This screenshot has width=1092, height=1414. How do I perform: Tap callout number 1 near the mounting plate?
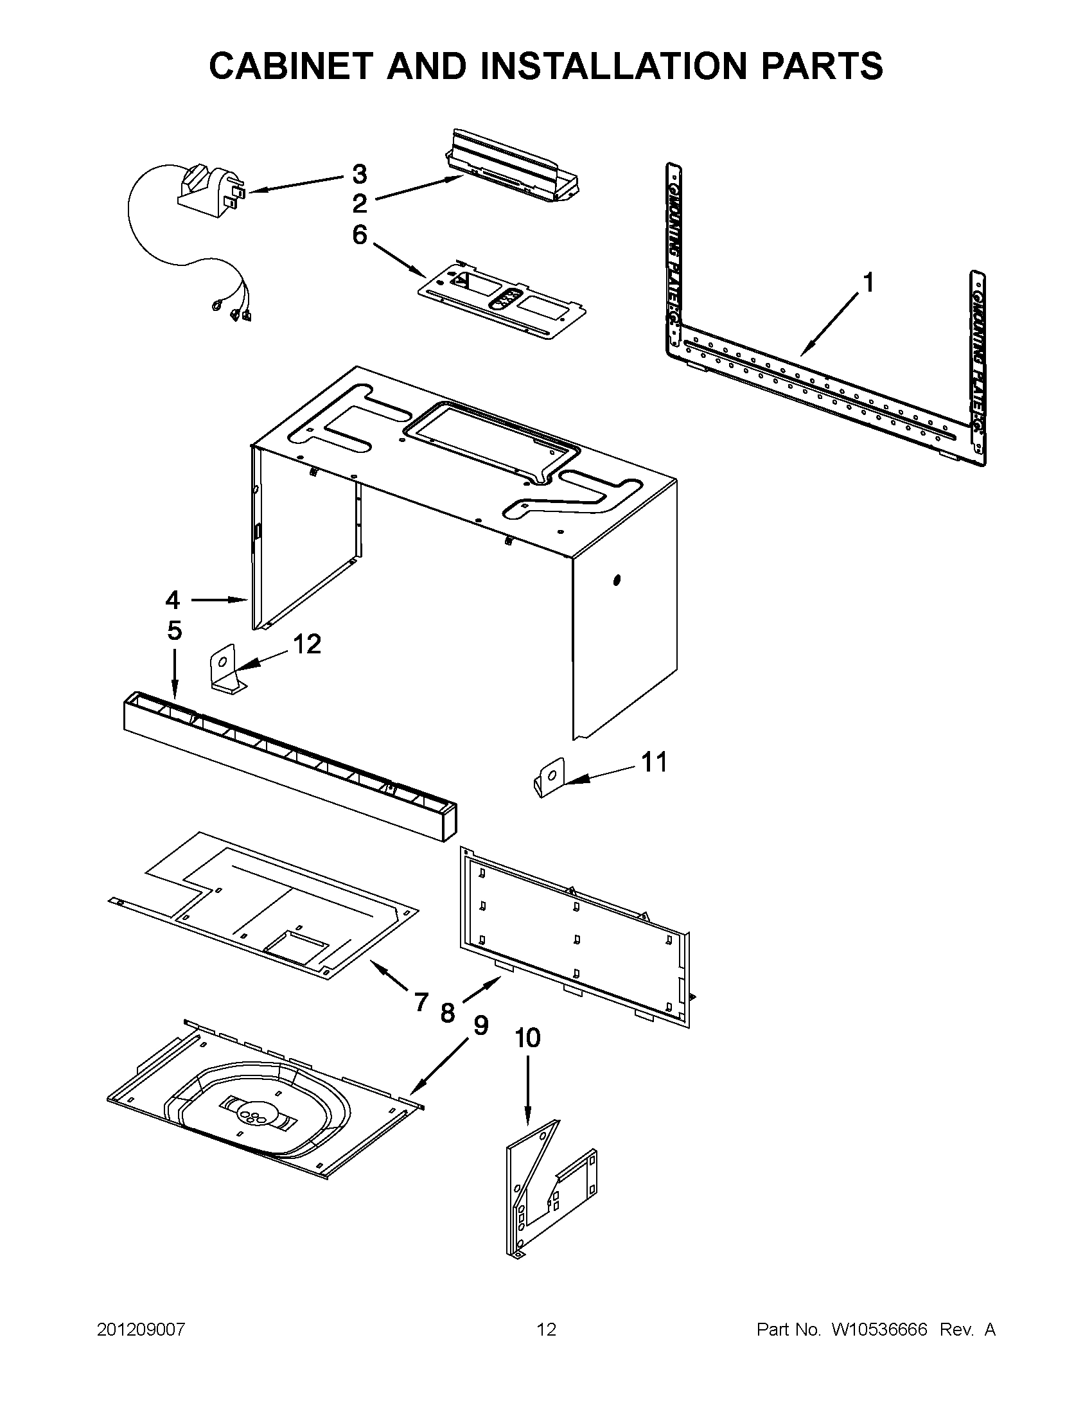pos(868,283)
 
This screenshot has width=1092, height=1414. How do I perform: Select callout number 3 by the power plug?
pos(359,174)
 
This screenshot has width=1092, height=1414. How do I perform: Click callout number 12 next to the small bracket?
pos(307,644)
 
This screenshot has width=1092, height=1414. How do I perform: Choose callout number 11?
pos(654,762)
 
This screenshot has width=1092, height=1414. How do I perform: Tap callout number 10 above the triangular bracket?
pos(527,1038)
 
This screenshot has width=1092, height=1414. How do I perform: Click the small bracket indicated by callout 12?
pos(225,673)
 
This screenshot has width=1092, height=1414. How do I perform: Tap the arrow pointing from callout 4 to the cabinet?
pos(220,600)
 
